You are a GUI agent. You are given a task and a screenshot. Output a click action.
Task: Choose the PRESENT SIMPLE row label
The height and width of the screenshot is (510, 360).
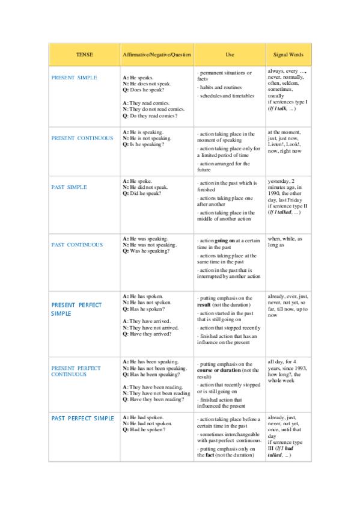(x=74, y=78)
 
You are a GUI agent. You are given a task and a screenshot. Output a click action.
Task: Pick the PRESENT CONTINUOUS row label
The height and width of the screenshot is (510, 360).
(x=82, y=138)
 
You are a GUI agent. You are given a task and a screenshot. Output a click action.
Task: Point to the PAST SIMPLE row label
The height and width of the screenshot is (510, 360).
(x=69, y=187)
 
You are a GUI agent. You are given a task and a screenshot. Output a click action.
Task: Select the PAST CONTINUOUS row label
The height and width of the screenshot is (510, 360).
(x=77, y=245)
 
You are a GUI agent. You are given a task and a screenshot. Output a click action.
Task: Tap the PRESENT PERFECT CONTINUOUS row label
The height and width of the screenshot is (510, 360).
(x=76, y=371)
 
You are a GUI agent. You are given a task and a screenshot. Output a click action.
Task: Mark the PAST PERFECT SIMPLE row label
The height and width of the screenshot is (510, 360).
(x=82, y=418)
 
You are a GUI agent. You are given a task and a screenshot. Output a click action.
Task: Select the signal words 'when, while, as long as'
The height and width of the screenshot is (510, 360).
(x=285, y=242)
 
